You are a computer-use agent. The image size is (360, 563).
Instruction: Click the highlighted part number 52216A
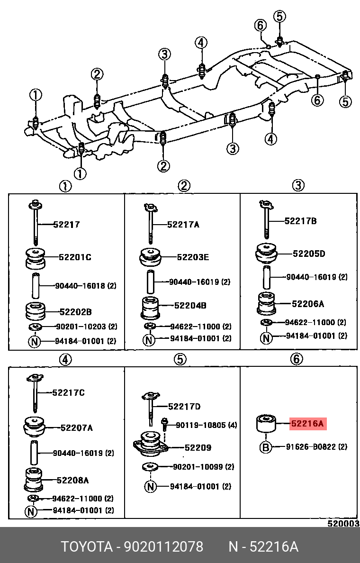coord(307,424)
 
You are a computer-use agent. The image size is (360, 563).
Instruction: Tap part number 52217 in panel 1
coord(66,225)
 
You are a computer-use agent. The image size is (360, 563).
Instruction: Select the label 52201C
coord(75,257)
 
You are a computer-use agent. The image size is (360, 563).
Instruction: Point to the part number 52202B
coord(75,312)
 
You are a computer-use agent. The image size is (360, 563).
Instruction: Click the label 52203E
coord(193,257)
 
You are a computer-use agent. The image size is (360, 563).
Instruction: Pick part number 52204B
coord(190,306)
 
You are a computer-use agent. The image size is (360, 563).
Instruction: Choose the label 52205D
coord(308,254)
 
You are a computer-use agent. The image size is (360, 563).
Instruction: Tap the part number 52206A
coord(307,304)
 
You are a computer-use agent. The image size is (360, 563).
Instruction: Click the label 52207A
coord(76,428)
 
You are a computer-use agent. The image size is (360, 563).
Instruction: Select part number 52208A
coord(72,480)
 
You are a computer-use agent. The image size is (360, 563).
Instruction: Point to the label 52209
coord(198,447)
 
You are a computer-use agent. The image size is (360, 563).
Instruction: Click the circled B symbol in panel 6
coord(265,447)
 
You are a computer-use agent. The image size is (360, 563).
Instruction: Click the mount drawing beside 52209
coord(151,444)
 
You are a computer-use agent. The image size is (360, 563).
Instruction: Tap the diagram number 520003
coord(343,524)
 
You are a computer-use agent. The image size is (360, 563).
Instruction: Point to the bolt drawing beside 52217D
coord(150,405)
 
